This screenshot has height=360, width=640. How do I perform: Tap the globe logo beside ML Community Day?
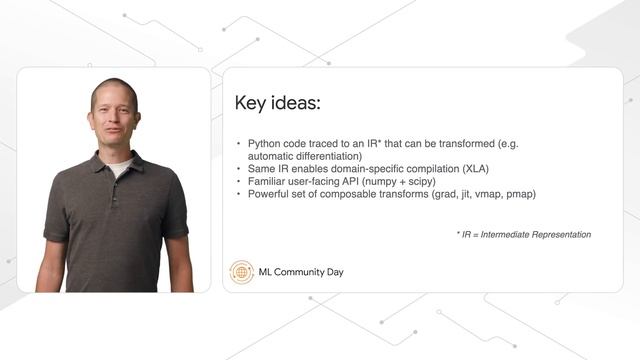(242, 271)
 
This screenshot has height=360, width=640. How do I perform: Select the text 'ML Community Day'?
(301, 271)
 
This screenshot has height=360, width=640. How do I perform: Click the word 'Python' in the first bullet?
(264, 144)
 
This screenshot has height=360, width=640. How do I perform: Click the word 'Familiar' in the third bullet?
(267, 182)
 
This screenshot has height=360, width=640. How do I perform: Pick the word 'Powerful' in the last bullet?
(269, 194)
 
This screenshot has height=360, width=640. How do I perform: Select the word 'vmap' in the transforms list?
(483, 194)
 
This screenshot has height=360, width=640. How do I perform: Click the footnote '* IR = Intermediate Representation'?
(523, 234)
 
